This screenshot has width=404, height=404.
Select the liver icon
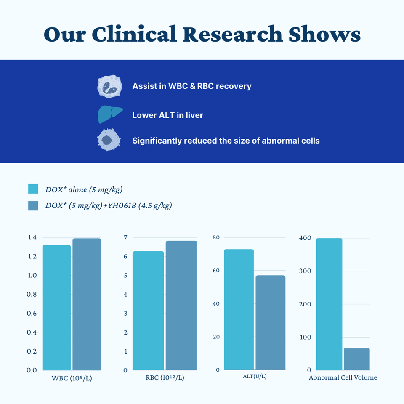click(109, 114)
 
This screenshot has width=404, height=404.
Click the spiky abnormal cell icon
click(109, 140)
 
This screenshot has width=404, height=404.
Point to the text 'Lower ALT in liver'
click(167, 115)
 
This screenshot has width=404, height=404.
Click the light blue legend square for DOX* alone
click(33, 189)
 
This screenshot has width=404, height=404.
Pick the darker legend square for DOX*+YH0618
click(33, 206)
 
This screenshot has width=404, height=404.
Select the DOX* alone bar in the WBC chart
click(56, 307)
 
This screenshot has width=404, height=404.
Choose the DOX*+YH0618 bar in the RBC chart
click(181, 305)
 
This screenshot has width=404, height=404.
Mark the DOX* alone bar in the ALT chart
click(239, 309)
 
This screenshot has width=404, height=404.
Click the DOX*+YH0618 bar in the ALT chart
click(270, 322)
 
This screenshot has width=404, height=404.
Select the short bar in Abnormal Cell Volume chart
click(356, 359)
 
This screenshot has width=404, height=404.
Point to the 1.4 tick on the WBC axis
click(32, 238)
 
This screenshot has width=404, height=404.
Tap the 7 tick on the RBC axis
click(125, 238)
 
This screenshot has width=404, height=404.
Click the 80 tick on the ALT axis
click(216, 237)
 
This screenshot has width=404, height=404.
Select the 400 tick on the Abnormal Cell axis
click(305, 238)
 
